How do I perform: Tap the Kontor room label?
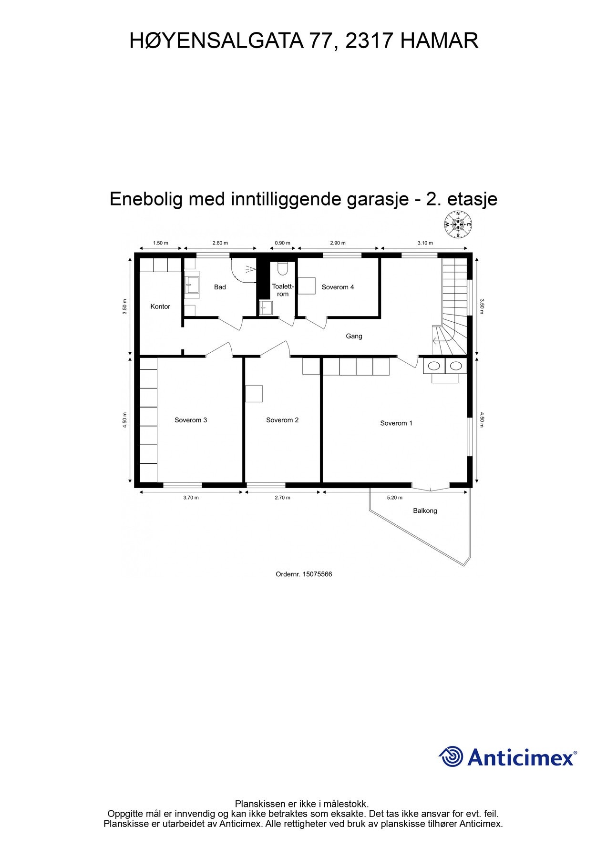(160, 306)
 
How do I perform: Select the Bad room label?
(220, 287)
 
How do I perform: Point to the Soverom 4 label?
(338, 287)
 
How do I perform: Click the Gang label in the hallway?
(354, 336)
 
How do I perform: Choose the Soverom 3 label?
(191, 420)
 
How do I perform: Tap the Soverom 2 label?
(282, 420)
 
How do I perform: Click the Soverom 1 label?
(396, 423)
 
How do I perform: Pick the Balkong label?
(425, 511)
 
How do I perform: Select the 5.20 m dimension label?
(394, 498)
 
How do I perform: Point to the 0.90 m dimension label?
(282, 243)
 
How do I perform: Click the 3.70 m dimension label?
(191, 498)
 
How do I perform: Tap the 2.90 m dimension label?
(338, 243)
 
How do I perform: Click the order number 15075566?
(317, 574)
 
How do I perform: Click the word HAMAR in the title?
(439, 41)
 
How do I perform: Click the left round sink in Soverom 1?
(434, 366)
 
